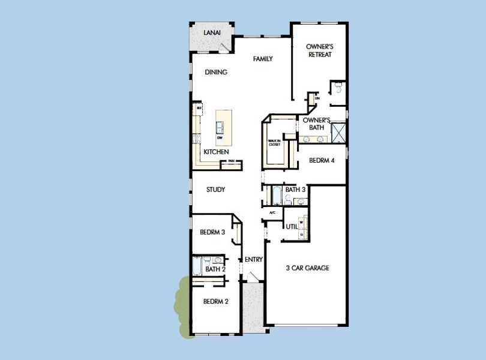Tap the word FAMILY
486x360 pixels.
click(263, 59)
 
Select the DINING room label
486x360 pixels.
click(216, 72)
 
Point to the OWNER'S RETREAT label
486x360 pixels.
click(319, 50)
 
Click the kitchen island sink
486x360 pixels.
click(220, 127)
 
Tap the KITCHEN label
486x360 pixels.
click(216, 152)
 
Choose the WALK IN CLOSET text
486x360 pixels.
click(274, 142)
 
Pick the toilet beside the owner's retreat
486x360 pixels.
click(338, 88)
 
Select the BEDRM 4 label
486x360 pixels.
click(322, 161)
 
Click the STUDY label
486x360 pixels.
click(215, 190)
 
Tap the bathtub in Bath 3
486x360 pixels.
click(277, 195)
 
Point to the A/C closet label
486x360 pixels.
click(272, 212)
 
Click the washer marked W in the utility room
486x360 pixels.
click(301, 221)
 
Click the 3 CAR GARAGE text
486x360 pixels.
click(307, 268)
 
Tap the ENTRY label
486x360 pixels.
click(254, 260)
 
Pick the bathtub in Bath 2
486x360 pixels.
click(197, 265)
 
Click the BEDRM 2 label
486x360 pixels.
click(215, 301)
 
